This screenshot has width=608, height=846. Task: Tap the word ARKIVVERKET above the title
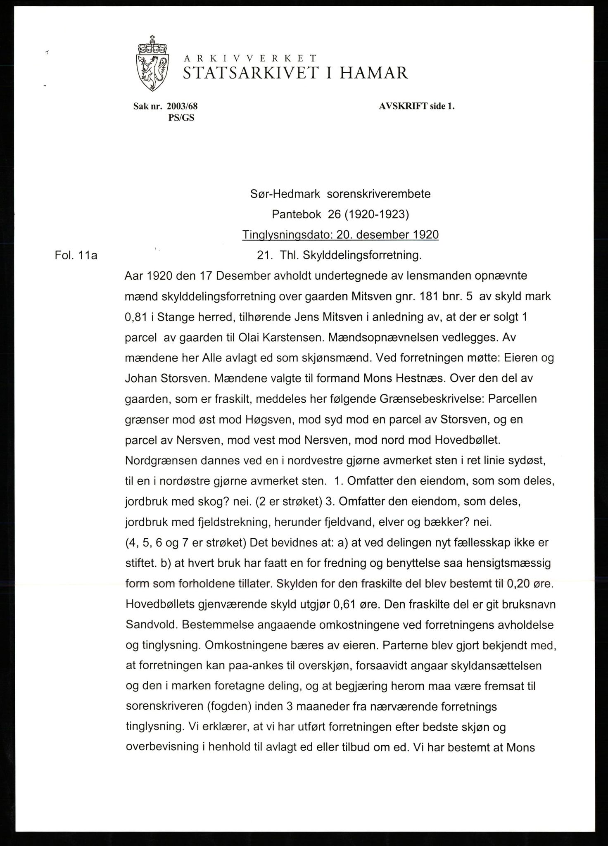250,58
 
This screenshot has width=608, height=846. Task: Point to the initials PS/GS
181,118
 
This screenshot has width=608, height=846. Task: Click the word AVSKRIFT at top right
399,106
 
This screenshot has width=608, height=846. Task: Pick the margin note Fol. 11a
76,256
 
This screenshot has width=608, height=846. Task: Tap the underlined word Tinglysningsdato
285,235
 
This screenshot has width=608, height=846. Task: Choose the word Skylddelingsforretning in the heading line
362,256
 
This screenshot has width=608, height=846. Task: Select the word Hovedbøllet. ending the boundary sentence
468,440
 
